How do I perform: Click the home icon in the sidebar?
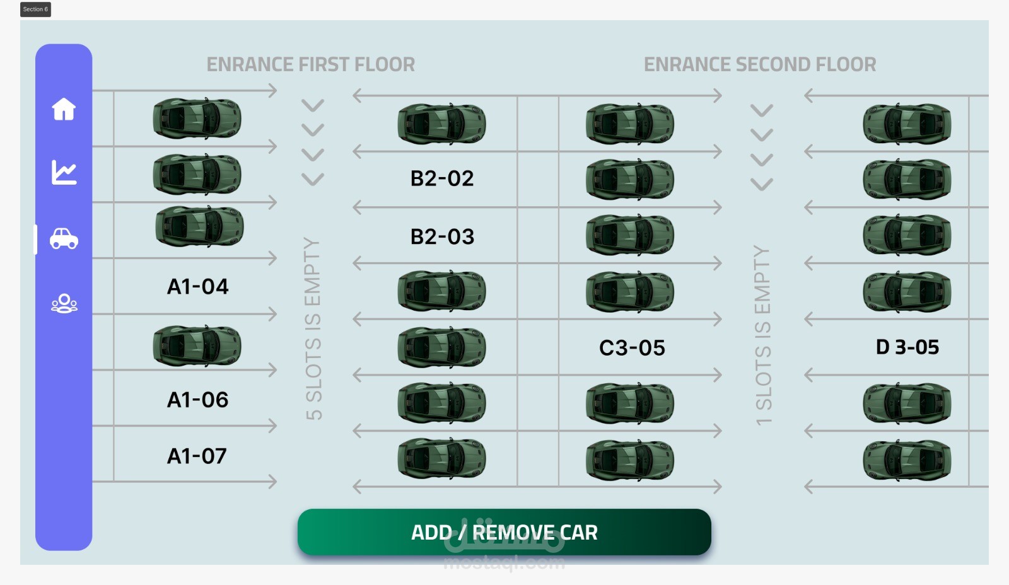64,109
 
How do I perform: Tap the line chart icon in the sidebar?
64,172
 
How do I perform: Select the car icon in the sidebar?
64,239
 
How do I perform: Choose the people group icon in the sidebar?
64,304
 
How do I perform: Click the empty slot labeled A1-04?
197,287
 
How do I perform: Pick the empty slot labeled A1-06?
197,400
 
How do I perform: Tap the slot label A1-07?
197,456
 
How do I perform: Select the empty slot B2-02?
442,178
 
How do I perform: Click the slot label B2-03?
442,237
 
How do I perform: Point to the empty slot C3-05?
632,348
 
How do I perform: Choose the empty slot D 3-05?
907,347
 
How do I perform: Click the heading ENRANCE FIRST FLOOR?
311,64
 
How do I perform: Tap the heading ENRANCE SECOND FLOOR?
760,64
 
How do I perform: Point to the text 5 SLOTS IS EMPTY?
313,328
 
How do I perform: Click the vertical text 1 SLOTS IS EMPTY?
763,335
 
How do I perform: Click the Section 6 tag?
35,9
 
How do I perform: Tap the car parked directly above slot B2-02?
441,124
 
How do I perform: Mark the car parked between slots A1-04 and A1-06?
197,346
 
